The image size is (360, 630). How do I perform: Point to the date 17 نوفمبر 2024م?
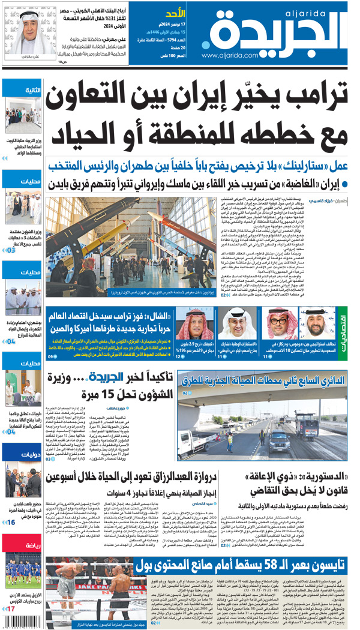[173, 25]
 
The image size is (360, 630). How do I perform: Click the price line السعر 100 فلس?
[173, 55]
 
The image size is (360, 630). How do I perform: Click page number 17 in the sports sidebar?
[12, 608]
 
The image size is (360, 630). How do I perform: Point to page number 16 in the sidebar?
[12, 522]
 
